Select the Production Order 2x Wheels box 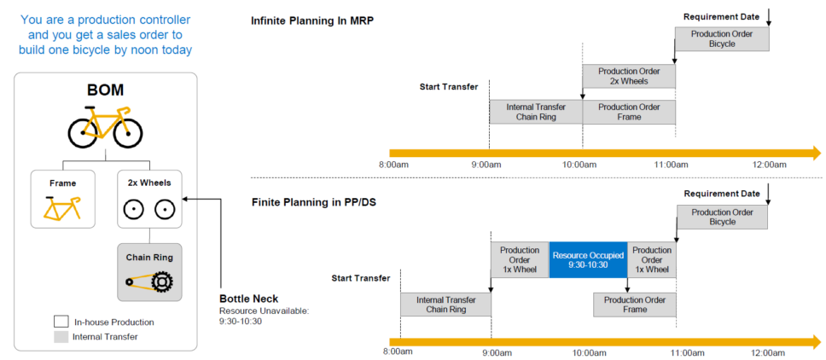(629, 76)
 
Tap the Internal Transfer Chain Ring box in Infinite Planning (536, 112)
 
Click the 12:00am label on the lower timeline (769, 352)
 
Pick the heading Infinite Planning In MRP (312, 20)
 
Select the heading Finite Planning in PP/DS (315, 202)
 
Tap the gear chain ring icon (150, 279)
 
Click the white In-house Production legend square (61, 322)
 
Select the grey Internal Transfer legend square (61, 336)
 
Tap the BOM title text (105, 90)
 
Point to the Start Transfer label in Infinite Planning (449, 86)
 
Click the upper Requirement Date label (721, 16)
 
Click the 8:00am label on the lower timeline (398, 352)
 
